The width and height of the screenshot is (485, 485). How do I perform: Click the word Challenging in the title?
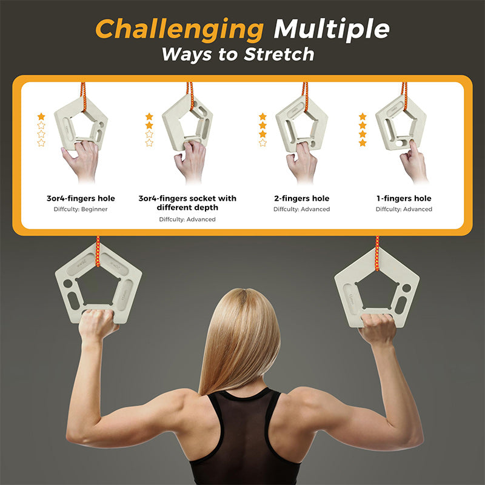tap(179, 30)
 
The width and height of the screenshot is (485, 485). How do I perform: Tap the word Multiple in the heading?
tap(331, 29)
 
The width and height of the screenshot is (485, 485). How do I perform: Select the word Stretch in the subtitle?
tap(279, 54)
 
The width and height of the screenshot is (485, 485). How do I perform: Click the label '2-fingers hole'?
tap(301, 198)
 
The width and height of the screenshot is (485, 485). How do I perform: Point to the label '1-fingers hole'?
tap(404, 198)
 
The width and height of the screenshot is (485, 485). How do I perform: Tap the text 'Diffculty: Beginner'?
tap(81, 209)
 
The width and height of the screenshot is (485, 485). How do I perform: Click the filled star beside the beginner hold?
tap(41, 116)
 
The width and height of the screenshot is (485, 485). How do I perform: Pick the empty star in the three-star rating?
tap(263, 142)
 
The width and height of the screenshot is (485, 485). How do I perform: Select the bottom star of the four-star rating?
tap(363, 142)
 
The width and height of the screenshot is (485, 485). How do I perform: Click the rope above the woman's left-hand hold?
tap(98, 251)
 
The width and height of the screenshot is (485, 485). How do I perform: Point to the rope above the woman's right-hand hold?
tap(377, 253)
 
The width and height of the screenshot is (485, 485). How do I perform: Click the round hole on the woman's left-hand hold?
tap(67, 283)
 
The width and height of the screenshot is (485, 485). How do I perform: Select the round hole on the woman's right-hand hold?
tap(406, 288)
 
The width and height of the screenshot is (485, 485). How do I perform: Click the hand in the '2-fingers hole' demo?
tap(301, 162)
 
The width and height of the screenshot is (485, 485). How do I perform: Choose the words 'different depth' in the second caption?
tap(187, 207)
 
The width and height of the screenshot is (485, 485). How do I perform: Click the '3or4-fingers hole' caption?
tap(81, 198)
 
